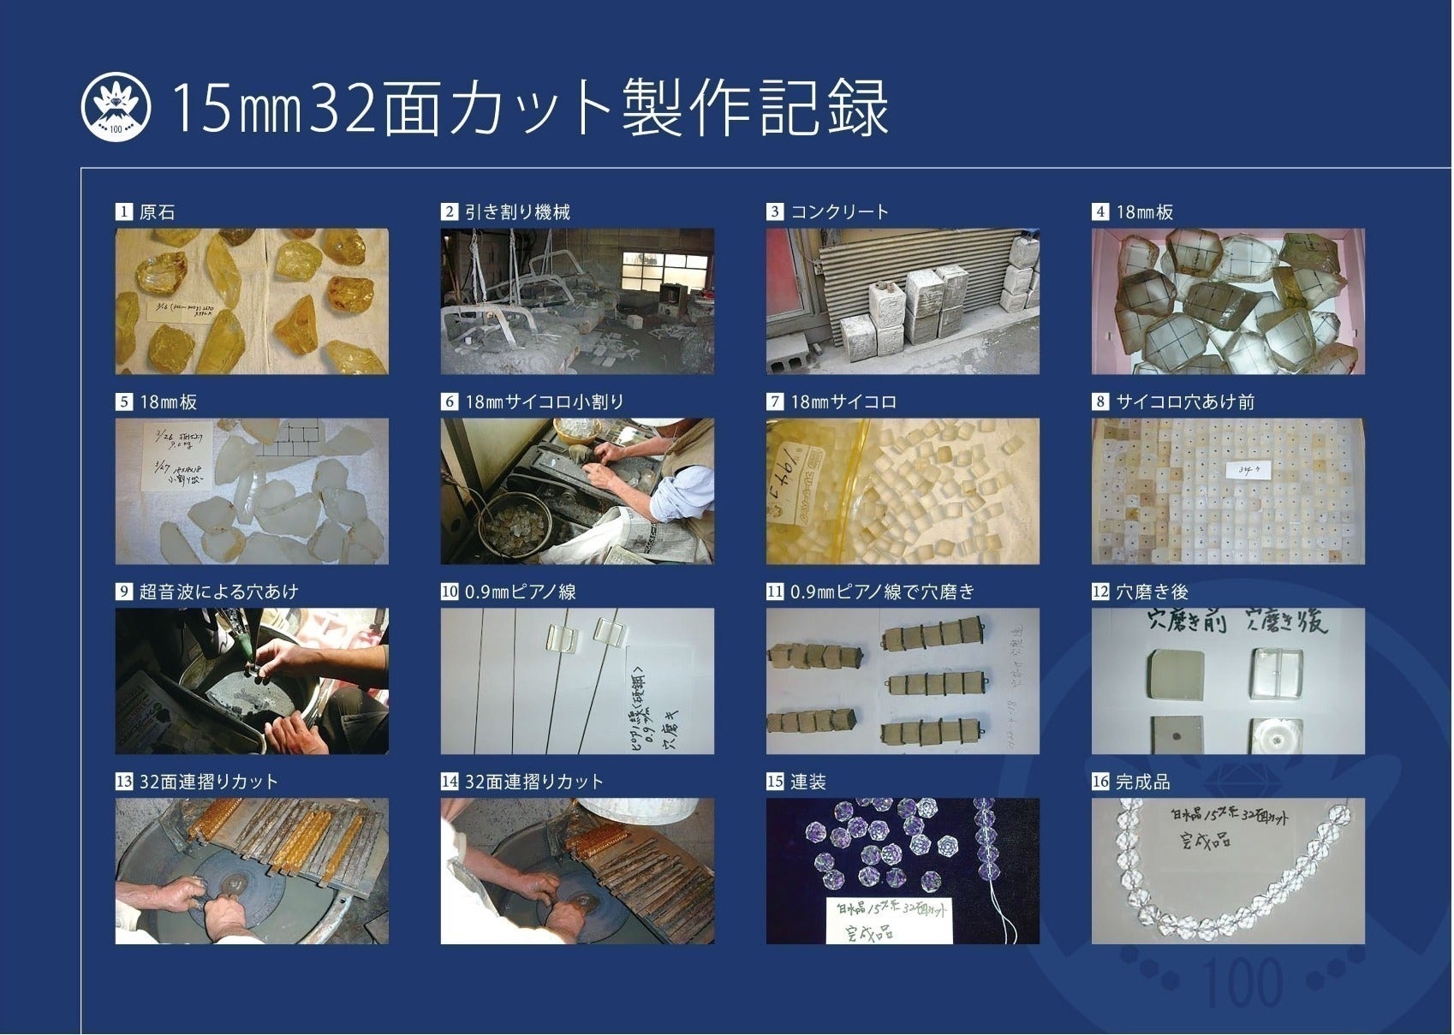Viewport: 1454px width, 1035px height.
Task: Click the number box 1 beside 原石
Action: click(x=124, y=212)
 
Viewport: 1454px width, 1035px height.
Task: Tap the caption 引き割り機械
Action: click(x=517, y=212)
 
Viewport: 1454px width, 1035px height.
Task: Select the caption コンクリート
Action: click(x=839, y=212)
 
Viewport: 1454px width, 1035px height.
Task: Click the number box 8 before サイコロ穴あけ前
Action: click(x=1100, y=402)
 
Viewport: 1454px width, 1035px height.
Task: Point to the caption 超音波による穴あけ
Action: click(x=218, y=592)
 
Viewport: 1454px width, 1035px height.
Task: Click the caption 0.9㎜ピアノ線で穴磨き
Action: click(x=882, y=592)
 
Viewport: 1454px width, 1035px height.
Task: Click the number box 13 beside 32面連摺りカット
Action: click(x=124, y=782)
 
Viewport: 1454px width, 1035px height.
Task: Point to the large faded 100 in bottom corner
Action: click(x=1242, y=983)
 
